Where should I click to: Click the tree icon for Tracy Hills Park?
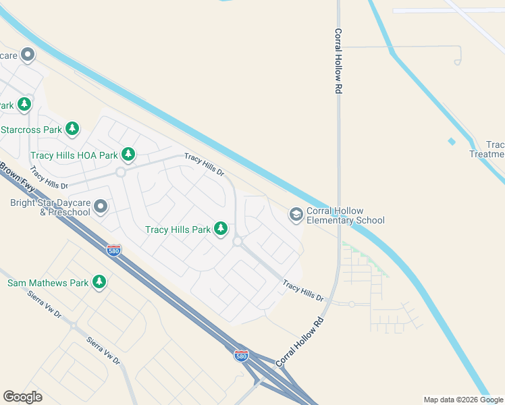point(220,230)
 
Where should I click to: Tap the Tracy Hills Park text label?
point(178,230)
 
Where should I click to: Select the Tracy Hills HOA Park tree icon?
point(128,155)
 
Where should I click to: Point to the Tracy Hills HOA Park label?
point(74,155)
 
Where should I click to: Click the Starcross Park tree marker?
point(72,128)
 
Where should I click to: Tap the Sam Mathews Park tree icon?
point(99,282)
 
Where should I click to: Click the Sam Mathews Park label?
point(47,283)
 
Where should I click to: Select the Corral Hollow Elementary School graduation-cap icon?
point(296,215)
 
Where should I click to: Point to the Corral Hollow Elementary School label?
point(346,215)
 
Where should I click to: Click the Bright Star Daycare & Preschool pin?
point(101,206)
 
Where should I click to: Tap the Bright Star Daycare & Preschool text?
point(50,207)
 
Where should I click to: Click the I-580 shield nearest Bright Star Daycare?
point(114,250)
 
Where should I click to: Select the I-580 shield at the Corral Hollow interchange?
point(240,355)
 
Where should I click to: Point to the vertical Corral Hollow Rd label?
point(338,61)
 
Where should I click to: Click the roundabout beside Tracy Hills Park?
point(238,241)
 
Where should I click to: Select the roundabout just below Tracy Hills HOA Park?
point(121,172)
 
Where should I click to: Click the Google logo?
point(22,397)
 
